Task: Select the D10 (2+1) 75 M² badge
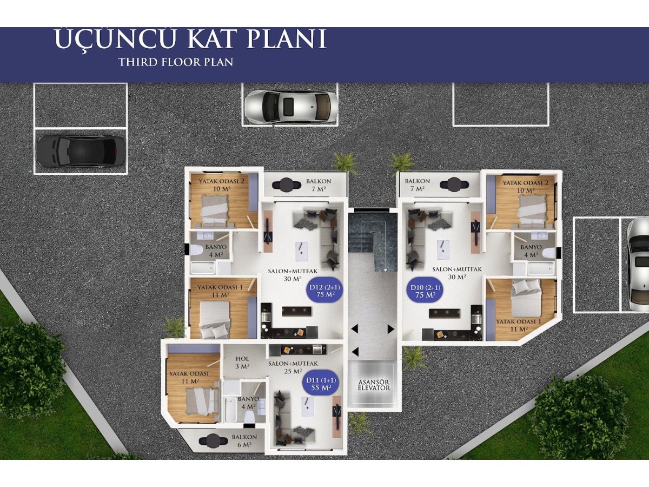point(425,291)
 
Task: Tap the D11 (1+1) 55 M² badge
point(321,384)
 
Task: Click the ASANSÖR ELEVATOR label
point(374,385)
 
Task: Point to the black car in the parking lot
point(81,151)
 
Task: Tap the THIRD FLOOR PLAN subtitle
point(176,62)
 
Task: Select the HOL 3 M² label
point(242,363)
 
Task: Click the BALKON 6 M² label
point(244,440)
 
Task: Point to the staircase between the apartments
point(373,241)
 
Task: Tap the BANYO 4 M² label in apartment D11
point(248,403)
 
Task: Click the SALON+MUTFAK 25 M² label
point(293,367)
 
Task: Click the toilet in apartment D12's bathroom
point(196,251)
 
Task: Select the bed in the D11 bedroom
point(202,402)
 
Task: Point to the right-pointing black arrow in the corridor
point(391,329)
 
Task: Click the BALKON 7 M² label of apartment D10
point(417,185)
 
